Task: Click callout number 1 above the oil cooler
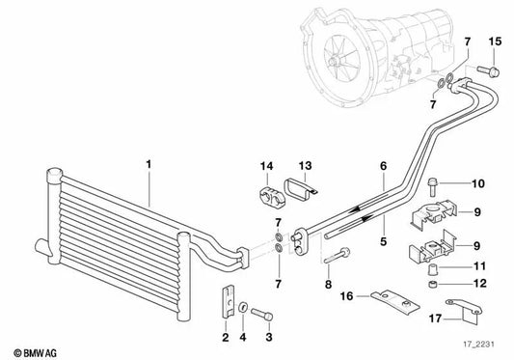pos(149,165)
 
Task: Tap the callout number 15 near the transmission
pos(496,40)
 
